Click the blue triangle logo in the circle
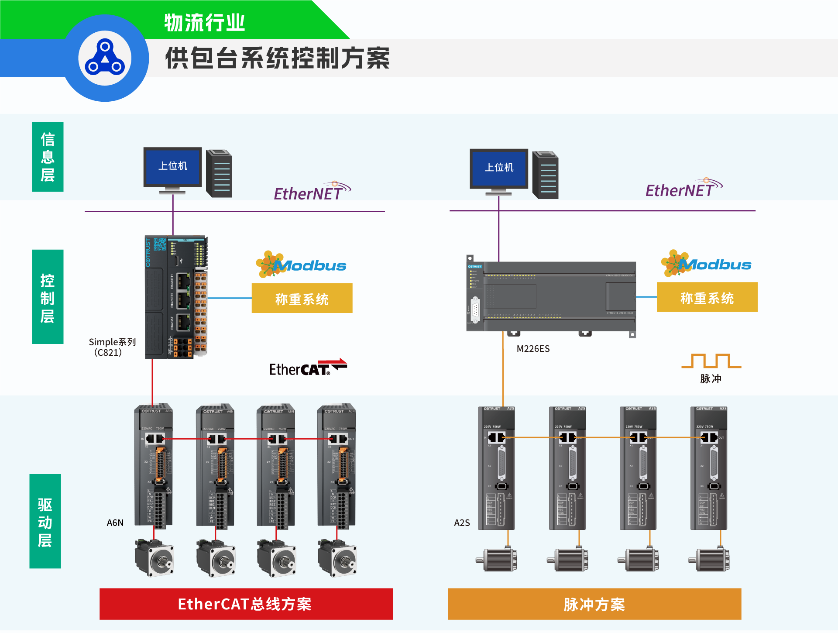pyautogui.click(x=105, y=58)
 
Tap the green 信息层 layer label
pyautogui.click(x=48, y=157)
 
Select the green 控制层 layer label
pyautogui.click(x=48, y=297)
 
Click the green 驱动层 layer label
pyautogui.click(x=45, y=521)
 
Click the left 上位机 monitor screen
pyautogui.click(x=173, y=166)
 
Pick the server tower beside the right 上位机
pyautogui.click(x=545, y=175)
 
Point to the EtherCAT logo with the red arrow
pyautogui.click(x=308, y=368)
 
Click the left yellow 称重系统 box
pyautogui.click(x=302, y=298)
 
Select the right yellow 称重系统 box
pyautogui.click(x=707, y=297)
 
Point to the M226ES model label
pyautogui.click(x=533, y=349)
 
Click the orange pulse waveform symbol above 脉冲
pyautogui.click(x=711, y=361)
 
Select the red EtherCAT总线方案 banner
pyautogui.click(x=246, y=604)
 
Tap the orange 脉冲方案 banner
pyautogui.click(x=594, y=604)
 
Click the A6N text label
pyautogui.click(x=115, y=523)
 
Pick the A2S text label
pyautogui.click(x=462, y=523)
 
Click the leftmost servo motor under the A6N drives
pyautogui.click(x=154, y=558)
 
